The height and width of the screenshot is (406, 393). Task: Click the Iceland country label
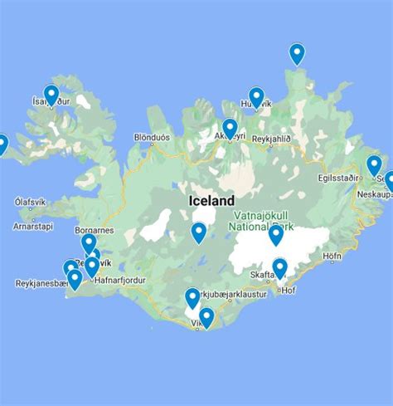(x=211, y=200)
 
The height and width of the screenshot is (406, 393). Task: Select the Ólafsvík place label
(x=32, y=202)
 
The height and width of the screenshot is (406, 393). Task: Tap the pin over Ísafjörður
(x=51, y=94)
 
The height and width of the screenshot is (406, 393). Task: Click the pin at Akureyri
(x=230, y=127)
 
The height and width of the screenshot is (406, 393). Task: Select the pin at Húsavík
(x=256, y=96)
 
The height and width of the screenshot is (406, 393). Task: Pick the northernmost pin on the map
(x=297, y=52)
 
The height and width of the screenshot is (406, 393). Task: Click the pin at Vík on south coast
(x=206, y=316)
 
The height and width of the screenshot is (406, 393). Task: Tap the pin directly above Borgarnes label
(x=89, y=242)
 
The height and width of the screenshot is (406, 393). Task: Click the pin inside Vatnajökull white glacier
(x=275, y=234)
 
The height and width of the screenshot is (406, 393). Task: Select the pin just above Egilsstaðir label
(x=374, y=164)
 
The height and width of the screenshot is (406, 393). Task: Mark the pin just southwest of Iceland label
(x=198, y=232)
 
